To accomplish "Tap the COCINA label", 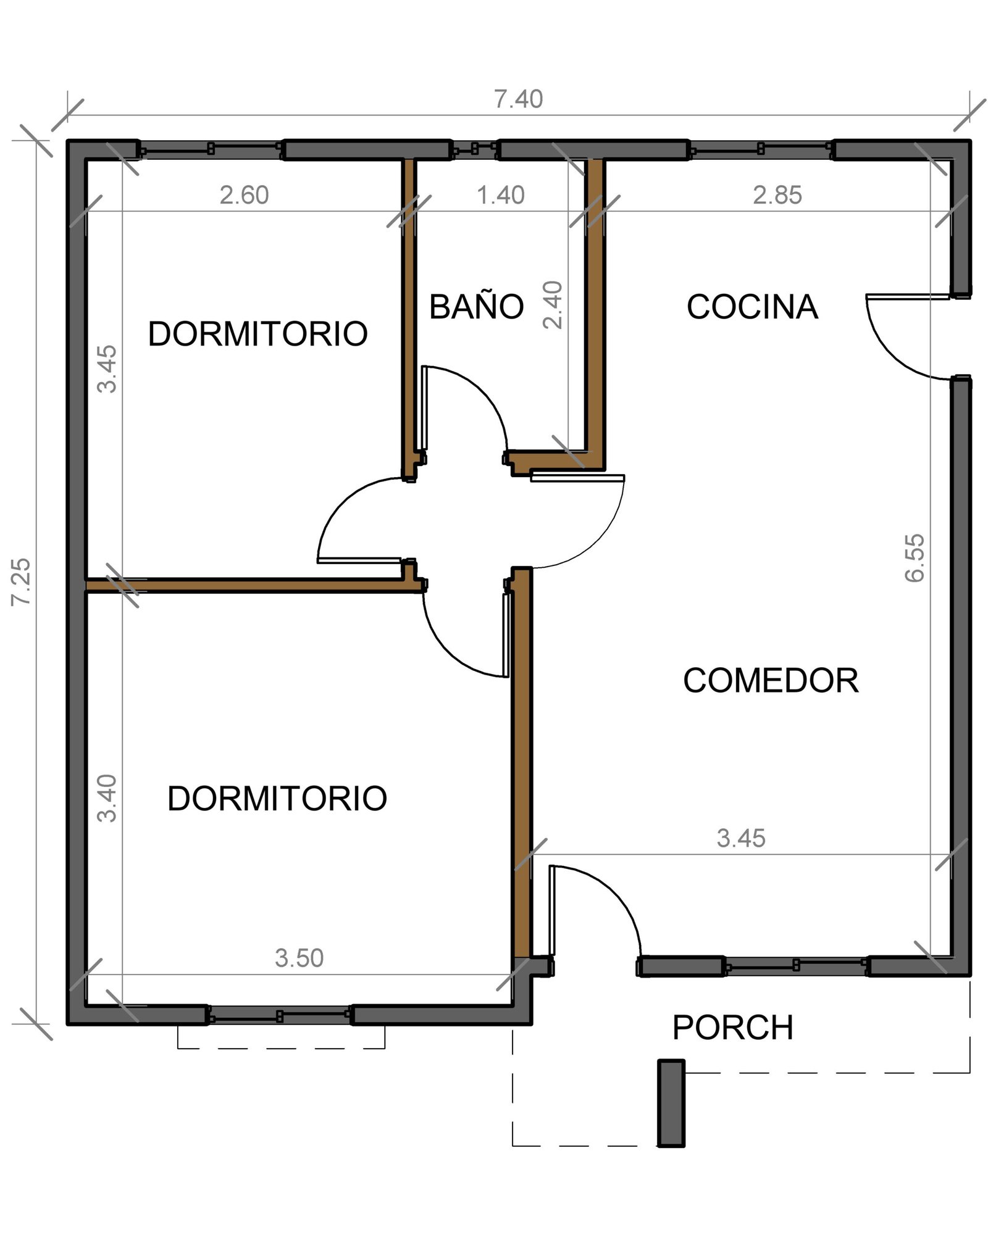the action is [x=752, y=307].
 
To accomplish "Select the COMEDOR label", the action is [x=771, y=680].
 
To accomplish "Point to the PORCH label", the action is [x=732, y=1027].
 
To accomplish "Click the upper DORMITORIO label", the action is [x=257, y=334].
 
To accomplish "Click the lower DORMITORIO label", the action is [x=277, y=798].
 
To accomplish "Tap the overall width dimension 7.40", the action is [x=519, y=99].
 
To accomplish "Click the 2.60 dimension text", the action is [x=244, y=195].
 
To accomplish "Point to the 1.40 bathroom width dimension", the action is [x=501, y=195].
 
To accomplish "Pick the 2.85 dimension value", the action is [x=777, y=195].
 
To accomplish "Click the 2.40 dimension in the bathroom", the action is [x=552, y=305].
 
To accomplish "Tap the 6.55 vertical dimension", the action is [x=915, y=558].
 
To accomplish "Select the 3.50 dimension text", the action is [x=299, y=958].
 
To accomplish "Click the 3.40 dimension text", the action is [x=107, y=798].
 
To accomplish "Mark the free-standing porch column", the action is [x=671, y=1103].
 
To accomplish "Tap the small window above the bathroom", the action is [x=474, y=149].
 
